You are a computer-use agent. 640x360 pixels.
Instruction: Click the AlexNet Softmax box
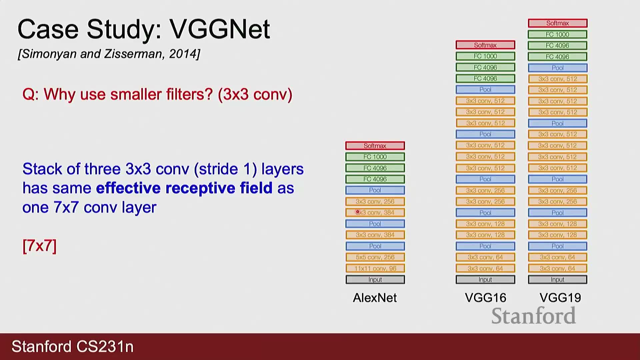coord(375,146)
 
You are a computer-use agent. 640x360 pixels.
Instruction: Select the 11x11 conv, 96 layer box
coord(375,268)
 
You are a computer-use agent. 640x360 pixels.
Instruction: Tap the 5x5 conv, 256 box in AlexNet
coord(375,257)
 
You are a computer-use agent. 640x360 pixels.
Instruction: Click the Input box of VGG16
coord(485,279)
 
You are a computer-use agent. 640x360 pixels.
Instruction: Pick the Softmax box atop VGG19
coord(558,23)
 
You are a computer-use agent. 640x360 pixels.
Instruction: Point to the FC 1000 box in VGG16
coord(485,56)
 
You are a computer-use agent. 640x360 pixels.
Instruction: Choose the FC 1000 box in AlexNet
coord(375,157)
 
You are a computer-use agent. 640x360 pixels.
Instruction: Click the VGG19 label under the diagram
coord(560,298)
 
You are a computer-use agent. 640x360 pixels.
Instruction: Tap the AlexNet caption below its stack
coord(375,298)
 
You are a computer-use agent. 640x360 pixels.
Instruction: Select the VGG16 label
coord(485,298)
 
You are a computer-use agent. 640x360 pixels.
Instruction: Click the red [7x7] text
coord(39,246)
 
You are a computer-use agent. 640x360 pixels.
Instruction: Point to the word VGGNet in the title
coord(220,29)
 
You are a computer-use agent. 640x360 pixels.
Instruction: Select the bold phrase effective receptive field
coord(184,188)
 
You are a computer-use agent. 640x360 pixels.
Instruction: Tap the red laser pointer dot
coord(358,212)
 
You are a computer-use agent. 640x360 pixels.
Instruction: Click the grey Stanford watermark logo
coord(534,316)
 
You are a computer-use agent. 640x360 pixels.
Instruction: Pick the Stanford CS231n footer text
coord(73,347)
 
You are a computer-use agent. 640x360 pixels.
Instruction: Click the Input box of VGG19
coord(558,279)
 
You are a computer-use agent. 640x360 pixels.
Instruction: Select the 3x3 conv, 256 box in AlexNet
coord(375,201)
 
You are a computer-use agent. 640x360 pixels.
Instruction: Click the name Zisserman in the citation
coord(135,54)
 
